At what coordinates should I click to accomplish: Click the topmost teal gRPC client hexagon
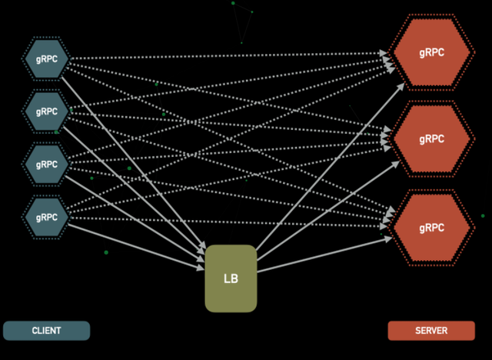(47, 59)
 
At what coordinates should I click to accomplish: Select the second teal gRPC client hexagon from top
(47, 112)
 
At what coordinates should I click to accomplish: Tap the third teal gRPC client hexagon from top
(47, 164)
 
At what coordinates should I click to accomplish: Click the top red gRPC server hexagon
(430, 52)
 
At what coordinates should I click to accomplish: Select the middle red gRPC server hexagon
(430, 139)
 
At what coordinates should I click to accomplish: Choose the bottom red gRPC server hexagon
(430, 228)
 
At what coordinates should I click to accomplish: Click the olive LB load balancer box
(231, 278)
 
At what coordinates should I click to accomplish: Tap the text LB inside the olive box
(231, 278)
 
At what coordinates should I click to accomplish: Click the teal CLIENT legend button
(47, 331)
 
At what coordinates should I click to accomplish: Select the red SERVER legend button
(430, 331)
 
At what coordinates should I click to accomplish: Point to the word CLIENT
(47, 331)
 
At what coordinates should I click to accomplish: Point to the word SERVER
(430, 331)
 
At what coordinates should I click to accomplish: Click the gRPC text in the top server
(430, 52)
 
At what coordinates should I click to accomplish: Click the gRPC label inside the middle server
(430, 139)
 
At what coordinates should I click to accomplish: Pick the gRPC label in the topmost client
(47, 59)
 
